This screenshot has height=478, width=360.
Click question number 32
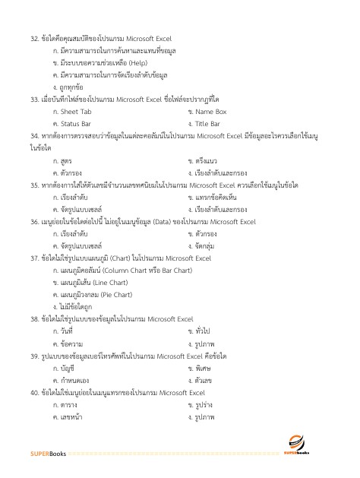point(35,36)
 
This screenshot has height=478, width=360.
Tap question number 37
point(35,258)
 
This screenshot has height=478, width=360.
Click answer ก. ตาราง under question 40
point(65,405)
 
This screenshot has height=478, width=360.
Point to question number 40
point(35,393)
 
